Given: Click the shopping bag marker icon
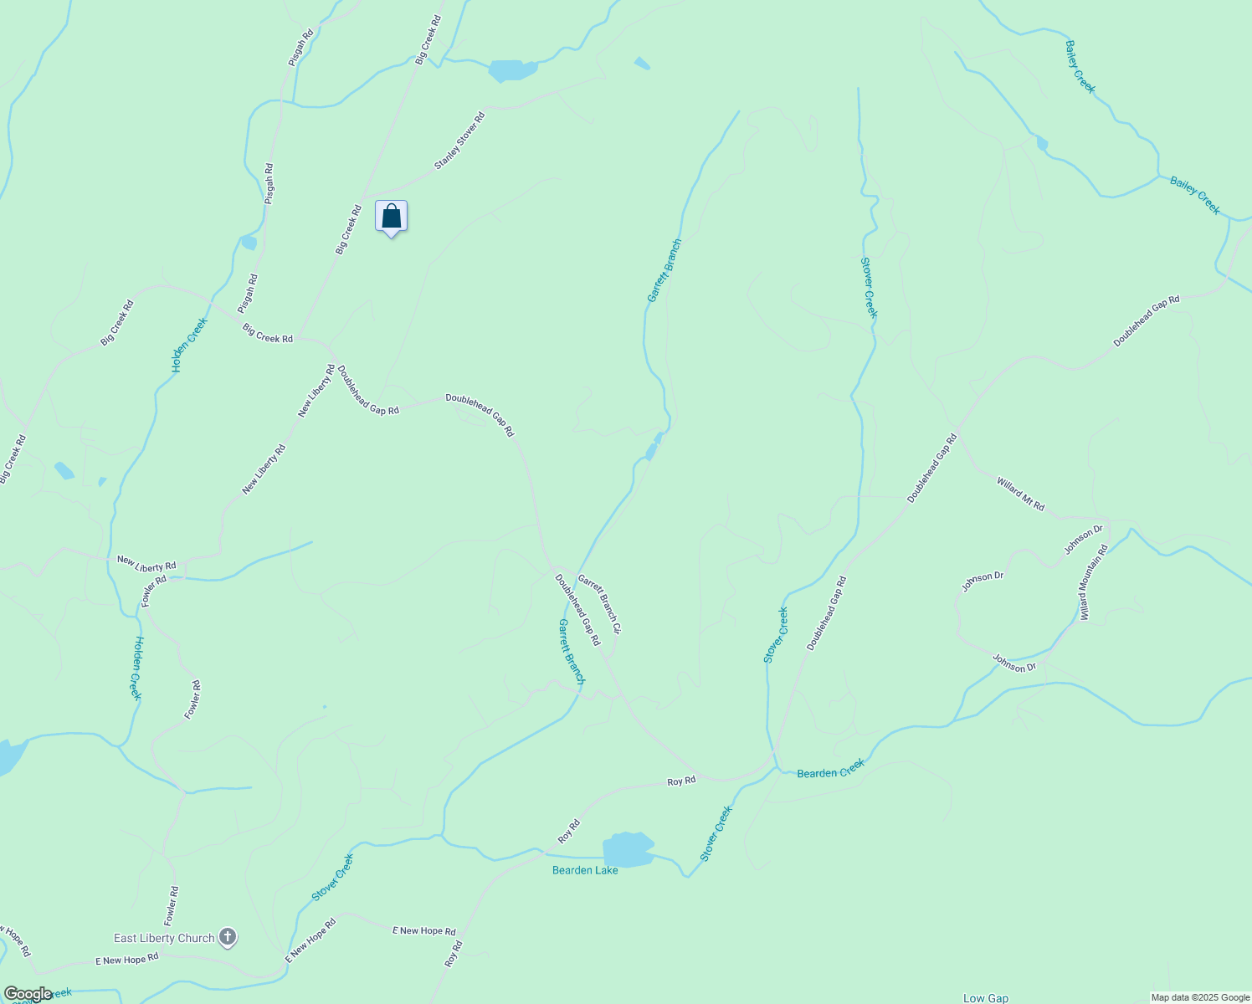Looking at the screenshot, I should tap(391, 217).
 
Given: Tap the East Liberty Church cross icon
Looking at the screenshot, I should tap(228, 937).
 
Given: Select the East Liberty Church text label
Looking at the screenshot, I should tap(164, 938).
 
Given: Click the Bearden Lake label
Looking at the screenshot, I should tap(585, 870).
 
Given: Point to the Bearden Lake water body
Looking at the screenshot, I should tap(628, 849).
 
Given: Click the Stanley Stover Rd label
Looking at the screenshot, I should tap(459, 141).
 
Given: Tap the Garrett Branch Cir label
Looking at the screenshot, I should tap(600, 602).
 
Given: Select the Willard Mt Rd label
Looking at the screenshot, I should tap(1020, 494).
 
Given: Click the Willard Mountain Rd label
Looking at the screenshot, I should tap(1094, 582).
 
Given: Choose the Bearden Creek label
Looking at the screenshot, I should tap(830, 769).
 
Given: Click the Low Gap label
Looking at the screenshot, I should tap(985, 998).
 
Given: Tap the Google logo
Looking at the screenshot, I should tap(28, 994).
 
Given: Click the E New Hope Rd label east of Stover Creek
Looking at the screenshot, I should tap(425, 930).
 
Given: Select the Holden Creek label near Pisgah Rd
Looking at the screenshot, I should tap(189, 345).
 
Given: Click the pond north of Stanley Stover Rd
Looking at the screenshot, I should tap(512, 70).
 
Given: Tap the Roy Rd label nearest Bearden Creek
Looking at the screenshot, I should tap(681, 781).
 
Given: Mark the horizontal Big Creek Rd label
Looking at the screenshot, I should tap(268, 333).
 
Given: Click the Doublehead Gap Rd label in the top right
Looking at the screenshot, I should tap(1146, 321).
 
